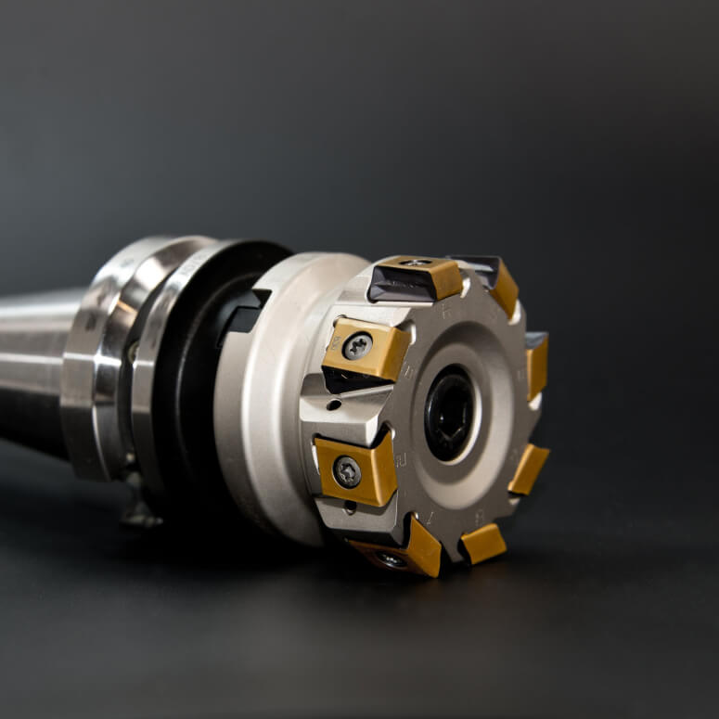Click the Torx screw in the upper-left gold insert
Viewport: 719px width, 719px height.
tap(357, 346)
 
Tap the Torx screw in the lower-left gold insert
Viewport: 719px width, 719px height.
tap(347, 471)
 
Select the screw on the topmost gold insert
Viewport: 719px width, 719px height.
tap(415, 263)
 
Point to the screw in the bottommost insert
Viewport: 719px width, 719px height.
tap(391, 559)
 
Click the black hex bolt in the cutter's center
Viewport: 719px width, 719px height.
tap(450, 412)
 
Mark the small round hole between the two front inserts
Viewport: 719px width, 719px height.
tap(334, 404)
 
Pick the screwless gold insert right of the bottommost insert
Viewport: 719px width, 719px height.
tap(483, 543)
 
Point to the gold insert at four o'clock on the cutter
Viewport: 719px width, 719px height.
tap(529, 469)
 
